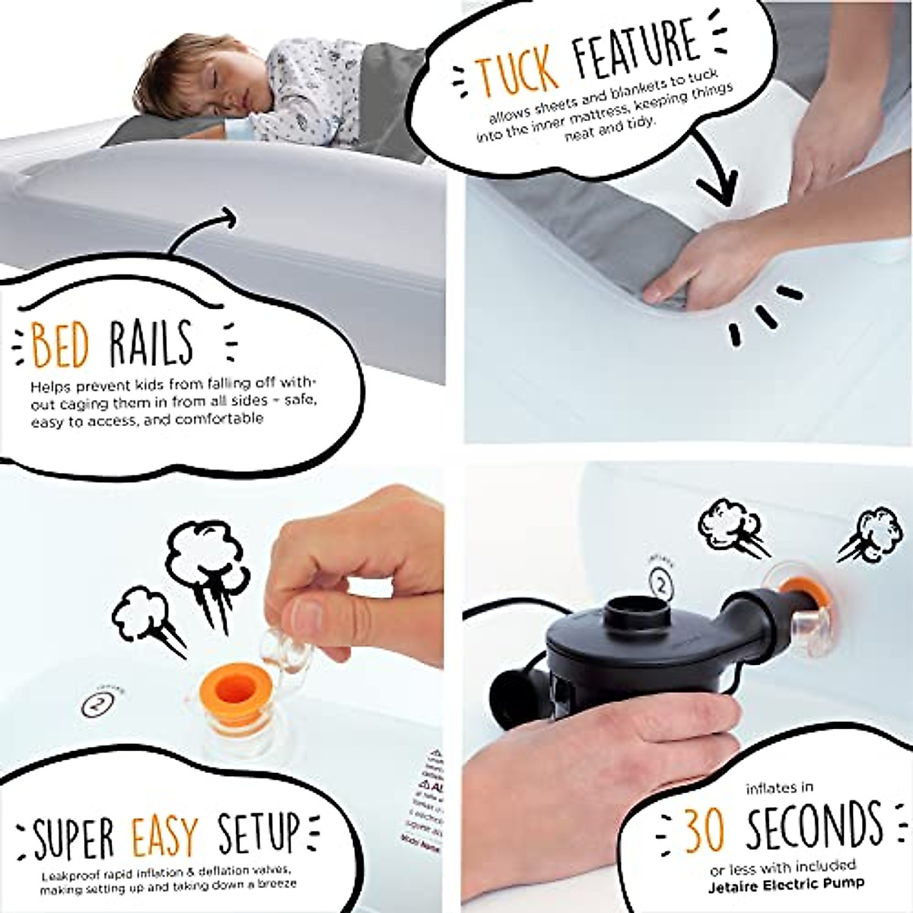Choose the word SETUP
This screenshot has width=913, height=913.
click(x=259, y=833)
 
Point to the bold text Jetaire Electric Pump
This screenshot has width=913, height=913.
click(x=786, y=883)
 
